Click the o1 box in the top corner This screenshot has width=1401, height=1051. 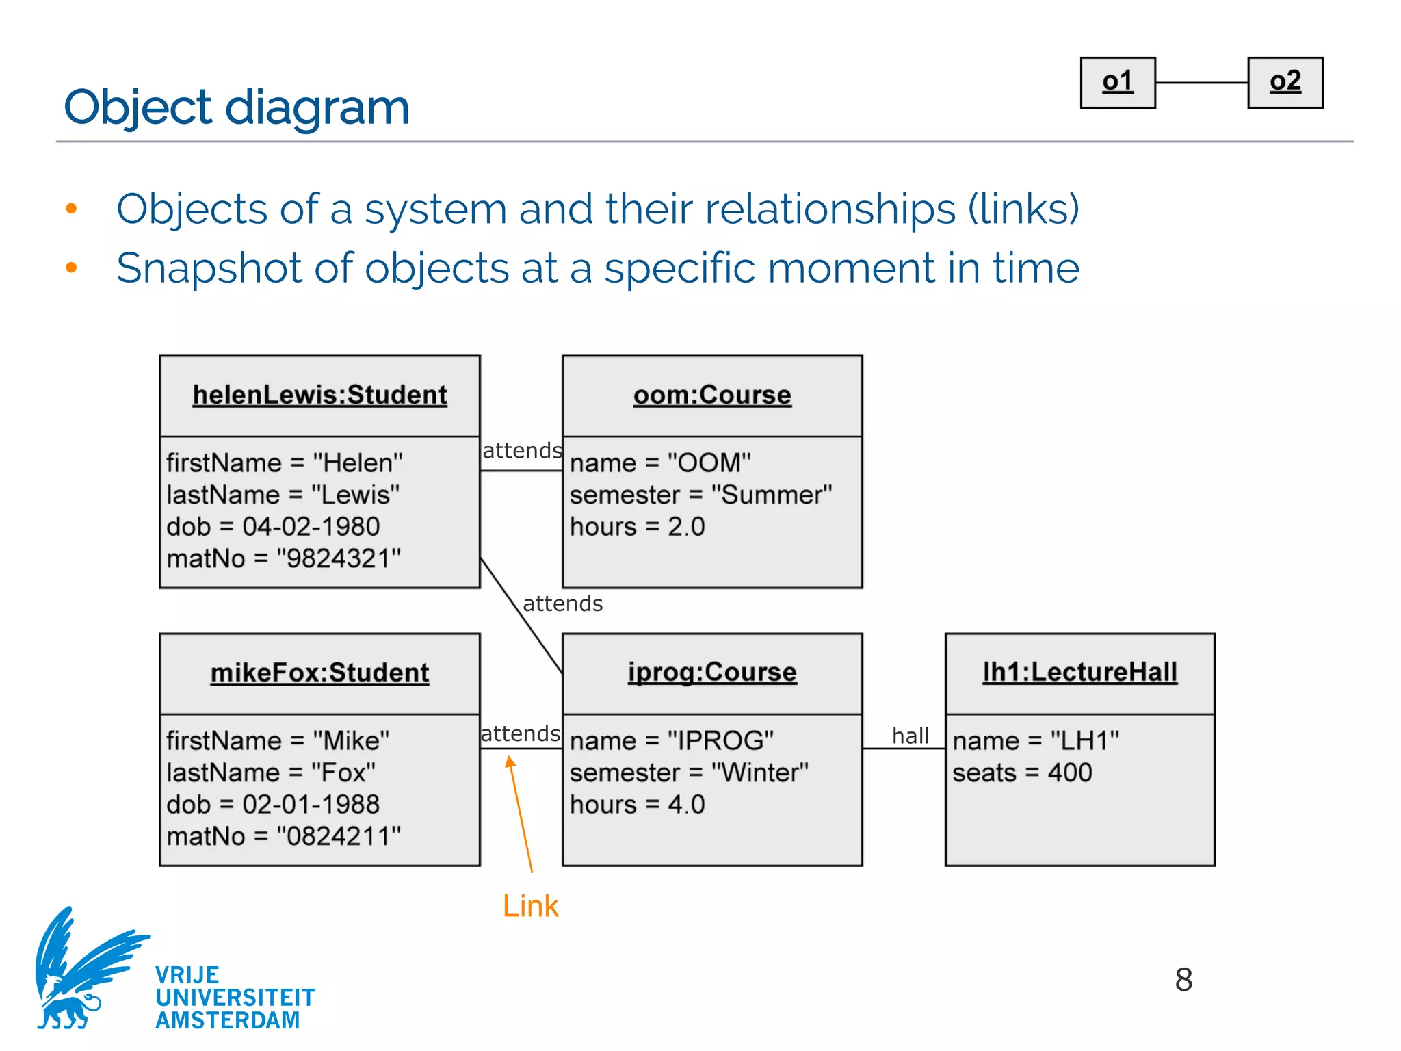[x=1117, y=83]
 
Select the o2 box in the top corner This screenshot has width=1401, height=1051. [x=1285, y=83]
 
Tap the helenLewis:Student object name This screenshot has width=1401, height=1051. [x=319, y=395]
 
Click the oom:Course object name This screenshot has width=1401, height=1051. [x=712, y=395]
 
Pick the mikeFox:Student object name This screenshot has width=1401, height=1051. [x=319, y=673]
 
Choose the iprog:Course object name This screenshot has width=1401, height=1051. [x=712, y=672]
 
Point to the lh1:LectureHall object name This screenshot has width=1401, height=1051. [x=1079, y=672]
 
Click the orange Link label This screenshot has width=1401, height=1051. [x=530, y=906]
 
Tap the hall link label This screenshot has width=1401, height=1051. [x=910, y=736]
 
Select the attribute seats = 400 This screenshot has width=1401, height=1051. [x=1022, y=773]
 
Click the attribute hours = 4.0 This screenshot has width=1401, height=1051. [x=637, y=805]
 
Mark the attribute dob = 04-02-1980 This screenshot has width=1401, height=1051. [x=273, y=527]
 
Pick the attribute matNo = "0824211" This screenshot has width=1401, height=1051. [x=283, y=836]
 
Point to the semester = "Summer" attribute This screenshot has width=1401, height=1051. [x=700, y=495]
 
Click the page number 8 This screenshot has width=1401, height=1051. [x=1183, y=979]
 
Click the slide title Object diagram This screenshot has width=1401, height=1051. [x=237, y=107]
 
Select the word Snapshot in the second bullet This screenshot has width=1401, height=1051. [x=209, y=268]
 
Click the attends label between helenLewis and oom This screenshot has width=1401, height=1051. [x=522, y=451]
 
